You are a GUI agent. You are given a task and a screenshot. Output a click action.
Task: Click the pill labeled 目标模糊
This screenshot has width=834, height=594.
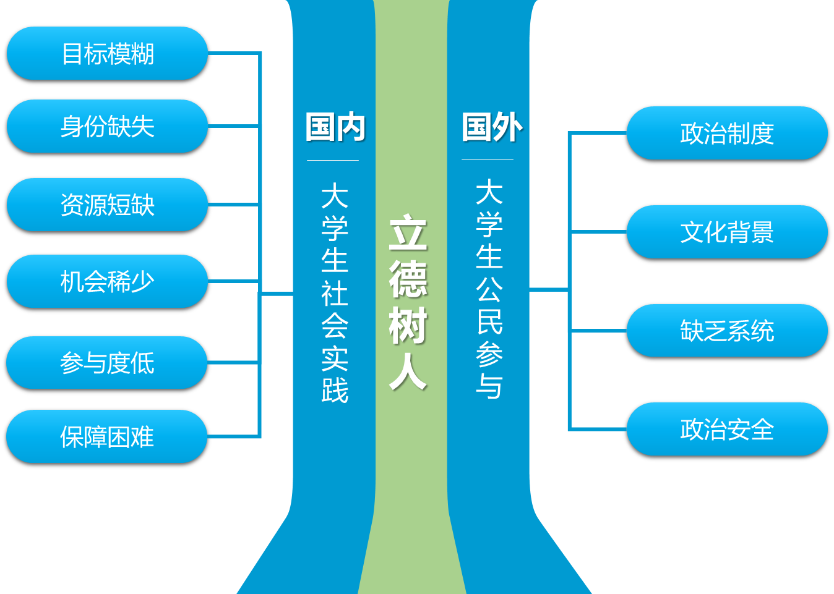(107, 54)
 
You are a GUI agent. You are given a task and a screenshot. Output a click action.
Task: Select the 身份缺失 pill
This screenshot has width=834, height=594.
(107, 126)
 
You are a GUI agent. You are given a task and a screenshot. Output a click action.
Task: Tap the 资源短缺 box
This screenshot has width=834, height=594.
(107, 205)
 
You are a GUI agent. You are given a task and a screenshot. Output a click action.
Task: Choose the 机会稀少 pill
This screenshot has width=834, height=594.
(107, 281)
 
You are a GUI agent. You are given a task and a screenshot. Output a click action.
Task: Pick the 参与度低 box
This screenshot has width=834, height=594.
(107, 363)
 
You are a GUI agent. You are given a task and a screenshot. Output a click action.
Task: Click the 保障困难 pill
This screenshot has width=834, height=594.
(107, 436)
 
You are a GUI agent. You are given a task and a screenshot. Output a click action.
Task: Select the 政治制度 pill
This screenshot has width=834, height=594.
(727, 133)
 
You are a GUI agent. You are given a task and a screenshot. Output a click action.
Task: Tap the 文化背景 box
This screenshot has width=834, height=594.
(727, 232)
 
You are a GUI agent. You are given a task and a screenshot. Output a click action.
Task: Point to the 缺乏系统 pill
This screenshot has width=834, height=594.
(727, 331)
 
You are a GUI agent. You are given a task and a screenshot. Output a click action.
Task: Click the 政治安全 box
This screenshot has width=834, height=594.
(727, 429)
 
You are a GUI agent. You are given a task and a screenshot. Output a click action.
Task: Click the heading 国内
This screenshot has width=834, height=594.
(335, 127)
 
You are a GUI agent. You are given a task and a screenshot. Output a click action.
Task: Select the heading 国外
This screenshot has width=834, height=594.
(492, 127)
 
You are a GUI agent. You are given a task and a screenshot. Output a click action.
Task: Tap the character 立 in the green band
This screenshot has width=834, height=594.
(408, 233)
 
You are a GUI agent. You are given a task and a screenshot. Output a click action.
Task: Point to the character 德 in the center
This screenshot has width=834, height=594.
(408, 279)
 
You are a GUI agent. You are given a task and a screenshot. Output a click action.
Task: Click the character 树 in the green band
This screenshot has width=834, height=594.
(408, 326)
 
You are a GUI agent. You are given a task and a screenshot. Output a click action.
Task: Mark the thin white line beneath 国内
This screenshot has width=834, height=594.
(333, 161)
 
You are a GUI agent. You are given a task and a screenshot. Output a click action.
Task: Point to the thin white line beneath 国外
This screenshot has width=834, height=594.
(488, 160)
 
